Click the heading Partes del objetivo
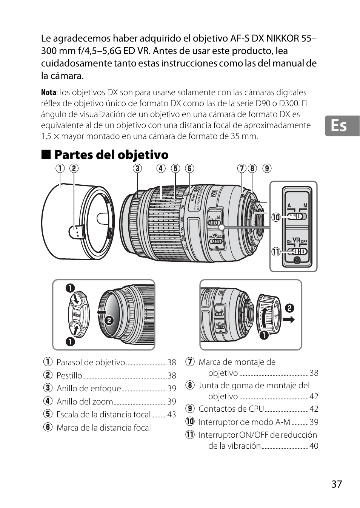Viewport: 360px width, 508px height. (111, 154)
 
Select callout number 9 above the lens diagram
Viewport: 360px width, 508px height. (267, 168)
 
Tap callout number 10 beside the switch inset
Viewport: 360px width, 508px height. (276, 217)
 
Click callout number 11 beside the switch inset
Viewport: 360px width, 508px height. (276, 252)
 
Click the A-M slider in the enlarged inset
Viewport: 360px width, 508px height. (297, 217)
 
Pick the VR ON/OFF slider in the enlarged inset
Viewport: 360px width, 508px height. (297, 252)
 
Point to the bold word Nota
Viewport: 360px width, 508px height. (48, 92)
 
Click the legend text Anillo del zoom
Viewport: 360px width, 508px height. (85, 401)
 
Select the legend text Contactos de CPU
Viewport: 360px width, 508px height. (231, 409)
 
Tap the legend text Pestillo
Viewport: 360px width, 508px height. (69, 375)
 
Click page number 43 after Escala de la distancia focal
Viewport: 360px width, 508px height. (172, 414)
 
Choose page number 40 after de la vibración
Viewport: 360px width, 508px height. (314, 446)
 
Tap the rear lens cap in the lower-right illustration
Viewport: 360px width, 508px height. (269, 314)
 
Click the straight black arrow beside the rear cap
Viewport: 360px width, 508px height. (289, 320)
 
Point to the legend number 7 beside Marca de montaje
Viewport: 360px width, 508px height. (190, 362)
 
